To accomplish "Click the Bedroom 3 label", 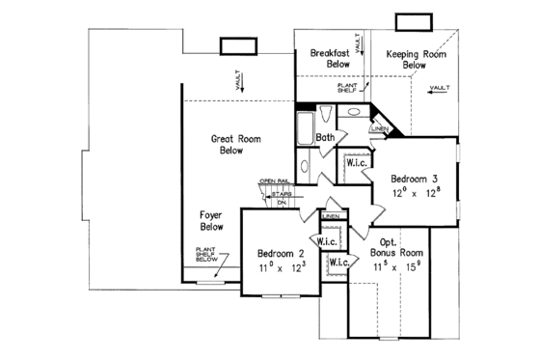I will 415,180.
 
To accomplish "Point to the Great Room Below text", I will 230,145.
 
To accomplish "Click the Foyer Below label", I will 212,220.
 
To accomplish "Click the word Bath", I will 325,138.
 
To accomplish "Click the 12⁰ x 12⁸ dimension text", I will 415,193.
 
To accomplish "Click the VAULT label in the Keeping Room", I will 440,88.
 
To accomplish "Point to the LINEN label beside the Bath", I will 380,127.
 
